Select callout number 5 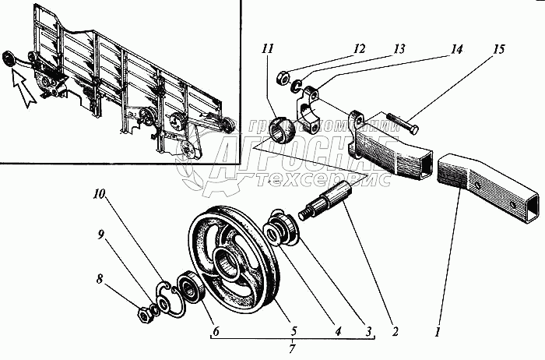click(292, 331)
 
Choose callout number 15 click(499, 50)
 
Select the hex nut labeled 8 click(144, 314)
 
